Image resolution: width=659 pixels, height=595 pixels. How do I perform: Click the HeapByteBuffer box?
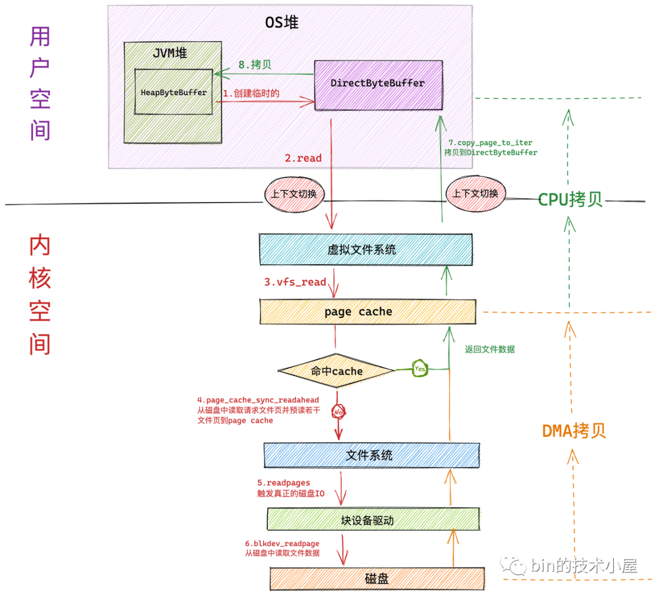click(x=174, y=92)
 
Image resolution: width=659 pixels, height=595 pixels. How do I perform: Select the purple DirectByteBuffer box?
click(x=378, y=84)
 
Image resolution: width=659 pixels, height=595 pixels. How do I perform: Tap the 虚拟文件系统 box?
click(x=366, y=249)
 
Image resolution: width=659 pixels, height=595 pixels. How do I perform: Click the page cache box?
click(x=367, y=312)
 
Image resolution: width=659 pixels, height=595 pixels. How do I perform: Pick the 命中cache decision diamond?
click(x=336, y=370)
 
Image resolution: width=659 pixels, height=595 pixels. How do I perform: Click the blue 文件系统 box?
click(x=371, y=455)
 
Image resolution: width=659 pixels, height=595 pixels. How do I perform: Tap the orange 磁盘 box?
click(x=376, y=578)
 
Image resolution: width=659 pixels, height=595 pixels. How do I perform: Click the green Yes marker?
click(x=420, y=369)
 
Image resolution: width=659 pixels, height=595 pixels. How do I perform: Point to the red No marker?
click(x=339, y=413)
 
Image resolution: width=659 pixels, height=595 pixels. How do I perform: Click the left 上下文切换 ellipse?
click(x=294, y=193)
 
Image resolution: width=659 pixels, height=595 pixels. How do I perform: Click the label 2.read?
click(x=303, y=158)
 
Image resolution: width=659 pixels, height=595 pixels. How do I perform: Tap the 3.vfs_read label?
click(x=295, y=282)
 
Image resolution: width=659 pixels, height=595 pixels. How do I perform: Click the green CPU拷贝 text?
click(x=570, y=200)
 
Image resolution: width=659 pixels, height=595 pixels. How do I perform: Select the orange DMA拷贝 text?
click(x=574, y=431)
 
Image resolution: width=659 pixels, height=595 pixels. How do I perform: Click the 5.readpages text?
click(x=283, y=482)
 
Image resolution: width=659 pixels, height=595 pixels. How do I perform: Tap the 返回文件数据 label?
click(x=489, y=349)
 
